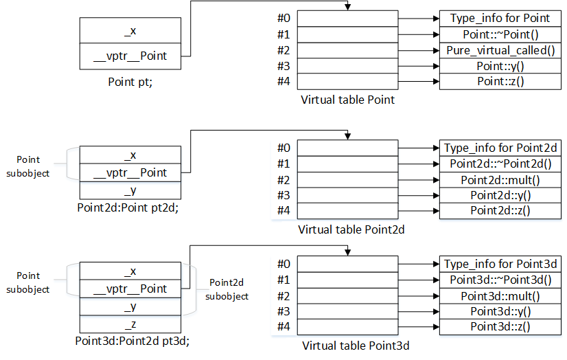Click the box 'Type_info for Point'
coord(500,19)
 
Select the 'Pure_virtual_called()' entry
coord(500,50)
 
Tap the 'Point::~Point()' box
coord(500,34)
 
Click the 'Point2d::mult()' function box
coord(500,180)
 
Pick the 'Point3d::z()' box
coord(500,326)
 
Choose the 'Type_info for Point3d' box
coord(500,264)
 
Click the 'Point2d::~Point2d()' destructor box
coord(500,164)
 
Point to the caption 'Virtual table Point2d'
coord(351,229)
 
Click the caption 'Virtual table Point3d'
coord(356,346)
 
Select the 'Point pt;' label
coord(130,81)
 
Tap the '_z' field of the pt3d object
coord(130,324)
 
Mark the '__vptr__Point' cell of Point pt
coord(130,56)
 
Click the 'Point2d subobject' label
coord(229,289)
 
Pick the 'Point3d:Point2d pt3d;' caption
coord(132,340)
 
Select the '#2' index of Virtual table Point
coord(284,50)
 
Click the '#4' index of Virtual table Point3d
coord(284,326)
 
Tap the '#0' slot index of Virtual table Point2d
coord(284,148)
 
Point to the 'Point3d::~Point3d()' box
coord(500,280)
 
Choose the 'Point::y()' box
coord(500,66)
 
